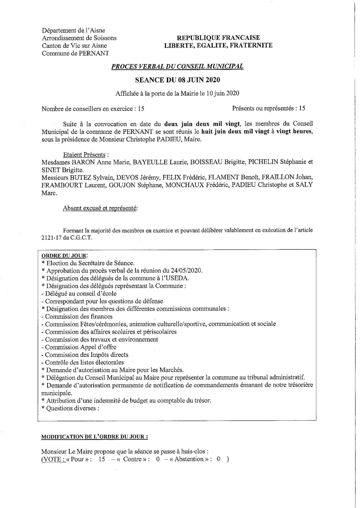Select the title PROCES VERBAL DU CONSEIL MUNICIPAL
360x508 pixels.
click(x=178, y=66)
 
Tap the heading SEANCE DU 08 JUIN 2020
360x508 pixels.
click(x=178, y=80)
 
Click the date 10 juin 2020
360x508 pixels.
click(x=222, y=93)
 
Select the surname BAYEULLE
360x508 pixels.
click(x=150, y=162)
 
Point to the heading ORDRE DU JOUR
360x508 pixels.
click(x=64, y=256)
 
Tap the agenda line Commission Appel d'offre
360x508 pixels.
click(x=81, y=347)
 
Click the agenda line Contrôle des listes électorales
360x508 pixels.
click(x=84, y=362)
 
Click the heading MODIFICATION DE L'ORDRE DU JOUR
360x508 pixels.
click(x=95, y=437)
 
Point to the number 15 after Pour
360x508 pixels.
click(x=102, y=459)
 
